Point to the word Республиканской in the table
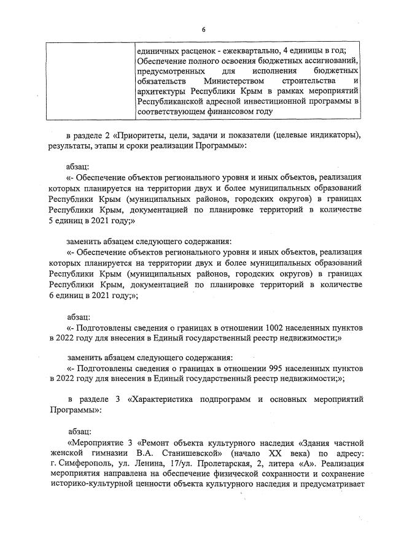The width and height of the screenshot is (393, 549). [171, 102]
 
